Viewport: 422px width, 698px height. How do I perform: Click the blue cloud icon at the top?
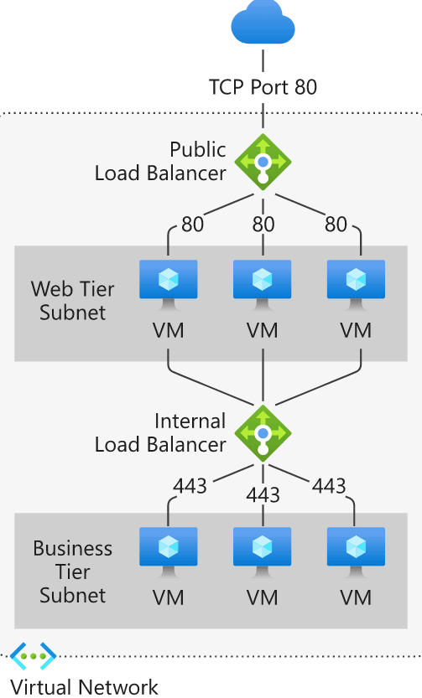pos(263,26)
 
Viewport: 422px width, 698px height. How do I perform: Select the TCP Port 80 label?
pos(263,87)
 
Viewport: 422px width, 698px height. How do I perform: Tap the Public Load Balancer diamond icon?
pos(263,160)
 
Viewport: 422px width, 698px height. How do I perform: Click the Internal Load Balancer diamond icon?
pos(263,432)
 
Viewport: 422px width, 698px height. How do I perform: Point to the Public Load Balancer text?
pos(160,161)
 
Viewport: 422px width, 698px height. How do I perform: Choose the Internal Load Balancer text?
pos(160,432)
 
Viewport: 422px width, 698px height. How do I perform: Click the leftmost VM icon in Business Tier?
pos(168,553)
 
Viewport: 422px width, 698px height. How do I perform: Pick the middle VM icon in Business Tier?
pos(263,553)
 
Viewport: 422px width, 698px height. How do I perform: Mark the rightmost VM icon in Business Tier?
pos(357,553)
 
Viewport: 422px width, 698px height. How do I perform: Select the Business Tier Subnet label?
pos(72,572)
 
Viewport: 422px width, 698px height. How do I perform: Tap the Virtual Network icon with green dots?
pos(34,655)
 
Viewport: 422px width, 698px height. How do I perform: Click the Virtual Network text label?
pos(84,687)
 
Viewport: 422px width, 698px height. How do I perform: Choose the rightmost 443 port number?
pos(328,485)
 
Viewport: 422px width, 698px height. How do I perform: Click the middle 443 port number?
pos(263,495)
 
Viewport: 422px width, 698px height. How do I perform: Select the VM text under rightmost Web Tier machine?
pos(357,329)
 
